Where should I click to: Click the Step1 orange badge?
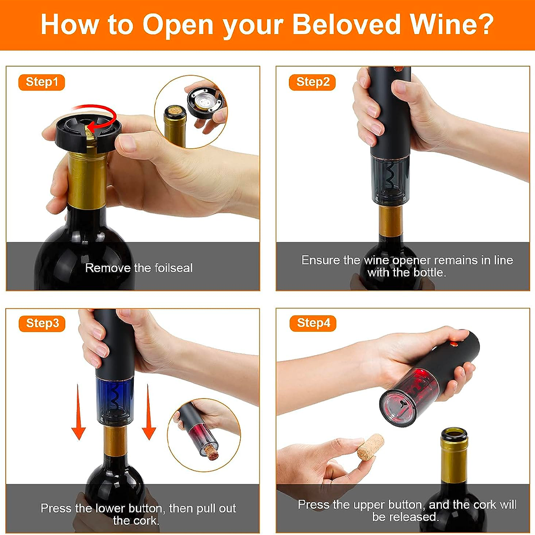[x=42, y=82]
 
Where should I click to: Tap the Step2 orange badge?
[x=312, y=82]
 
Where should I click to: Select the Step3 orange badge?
[x=42, y=324]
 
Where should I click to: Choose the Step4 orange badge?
[x=313, y=323]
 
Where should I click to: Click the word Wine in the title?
[x=452, y=24]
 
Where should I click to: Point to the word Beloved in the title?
[x=347, y=24]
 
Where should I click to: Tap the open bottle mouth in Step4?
[x=454, y=435]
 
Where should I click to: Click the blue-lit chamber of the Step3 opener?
[x=114, y=396]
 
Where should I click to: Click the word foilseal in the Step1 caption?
[x=173, y=268]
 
